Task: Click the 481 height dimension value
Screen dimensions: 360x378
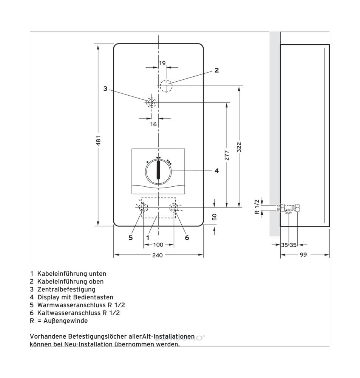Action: pos(98,141)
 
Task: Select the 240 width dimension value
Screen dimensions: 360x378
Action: pos(158,255)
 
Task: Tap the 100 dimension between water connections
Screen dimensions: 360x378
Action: pos(158,245)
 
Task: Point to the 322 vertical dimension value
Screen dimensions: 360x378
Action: pos(239,147)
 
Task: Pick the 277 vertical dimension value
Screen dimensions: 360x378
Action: pos(227,155)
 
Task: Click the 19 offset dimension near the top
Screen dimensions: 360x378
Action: pos(162,63)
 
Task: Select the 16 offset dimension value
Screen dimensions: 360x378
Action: pos(153,124)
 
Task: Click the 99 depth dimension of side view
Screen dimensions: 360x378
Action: pos(303,254)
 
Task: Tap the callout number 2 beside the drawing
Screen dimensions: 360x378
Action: pos(216,70)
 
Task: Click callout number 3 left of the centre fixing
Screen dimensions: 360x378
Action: pos(105,89)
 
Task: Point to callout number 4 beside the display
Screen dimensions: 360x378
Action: pos(216,171)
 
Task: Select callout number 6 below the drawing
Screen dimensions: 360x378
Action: pos(187,238)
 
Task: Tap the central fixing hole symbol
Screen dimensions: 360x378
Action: pos(151,103)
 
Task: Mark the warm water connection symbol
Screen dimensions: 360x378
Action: pos(143,207)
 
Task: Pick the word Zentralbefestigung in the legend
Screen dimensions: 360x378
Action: pos(66,289)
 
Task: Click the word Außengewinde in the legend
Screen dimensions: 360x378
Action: pos(66,321)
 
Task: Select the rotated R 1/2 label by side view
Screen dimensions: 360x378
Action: pos(257,207)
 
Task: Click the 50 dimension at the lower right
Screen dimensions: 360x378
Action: pos(214,217)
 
